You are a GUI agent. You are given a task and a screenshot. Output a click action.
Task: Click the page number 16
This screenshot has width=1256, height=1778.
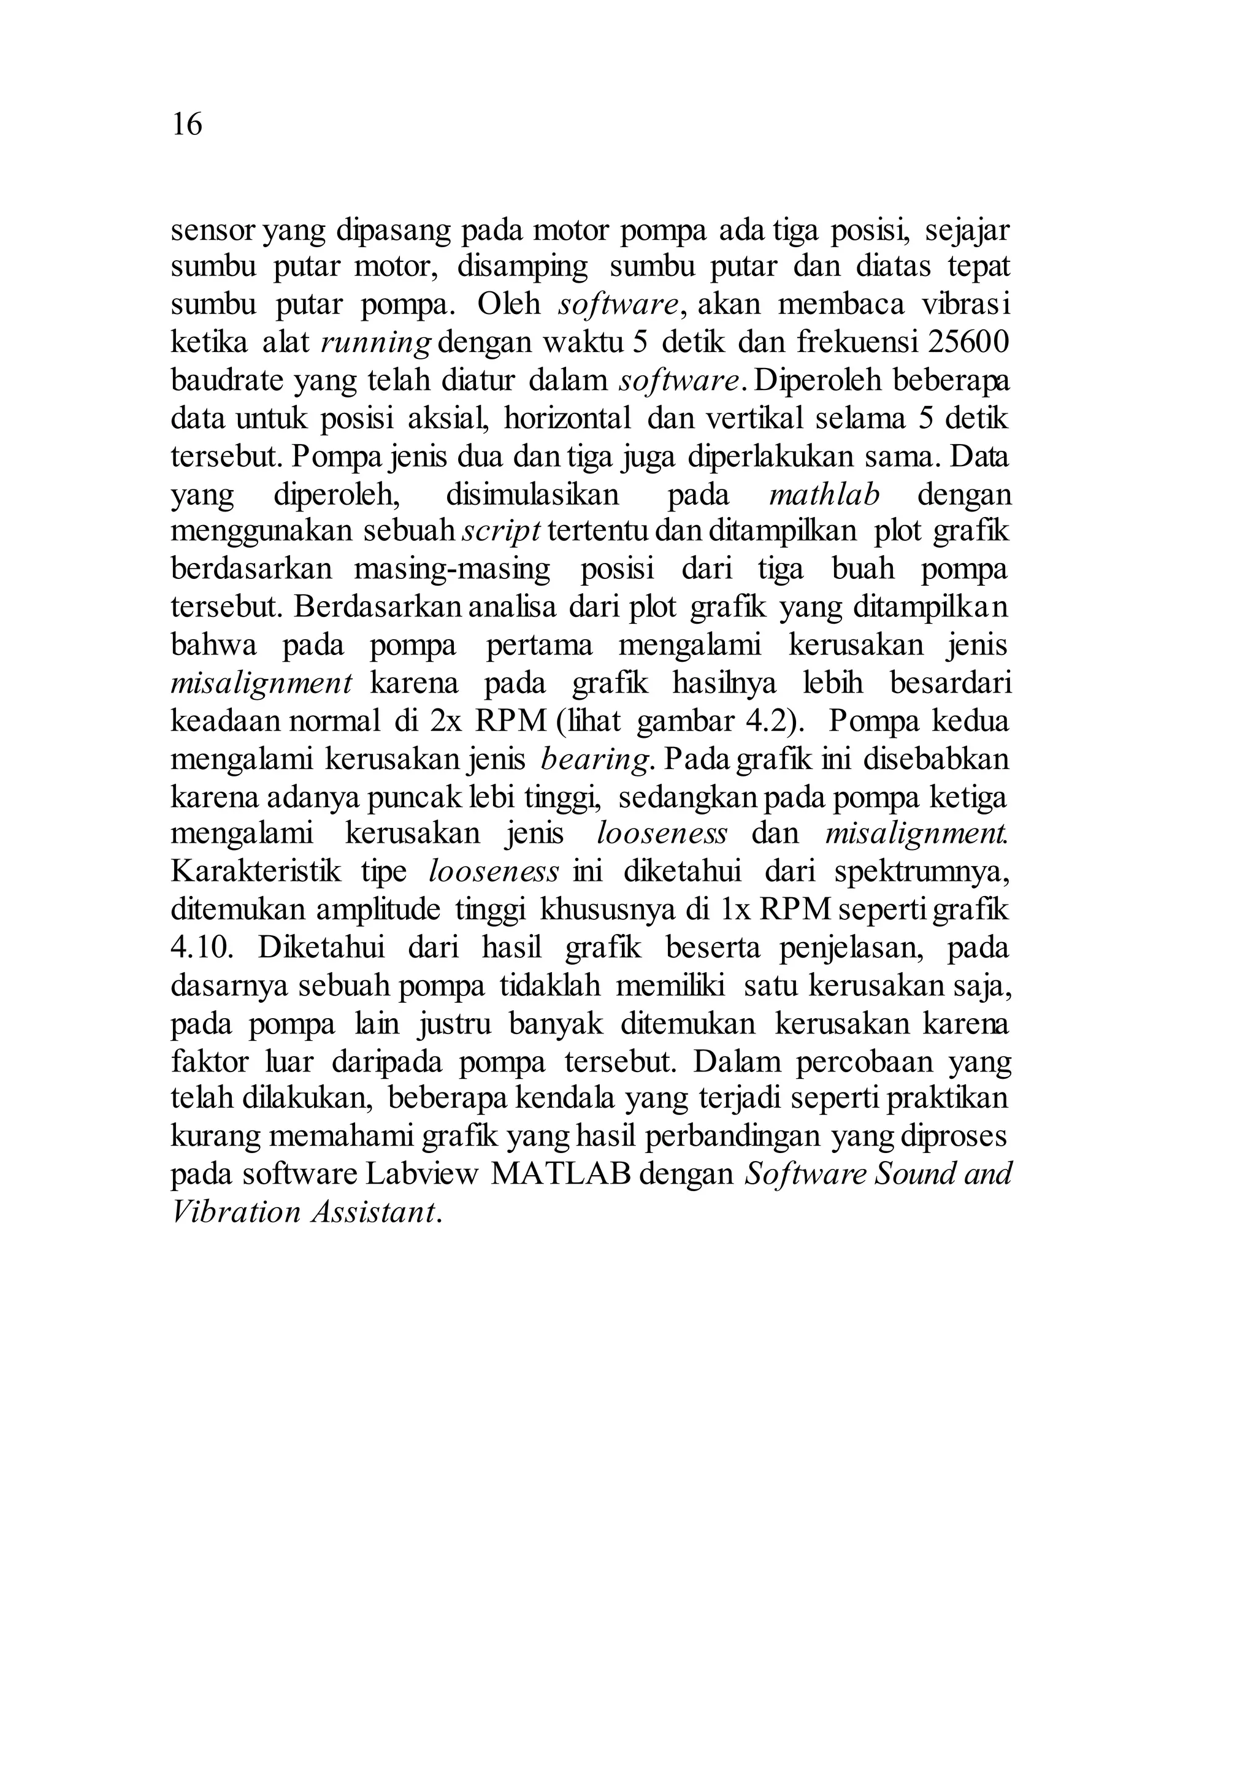click(x=186, y=125)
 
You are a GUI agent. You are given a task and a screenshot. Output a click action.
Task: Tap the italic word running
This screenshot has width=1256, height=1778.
click(x=375, y=343)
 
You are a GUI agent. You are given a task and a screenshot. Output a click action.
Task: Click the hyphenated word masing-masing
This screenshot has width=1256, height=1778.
click(x=452, y=569)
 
